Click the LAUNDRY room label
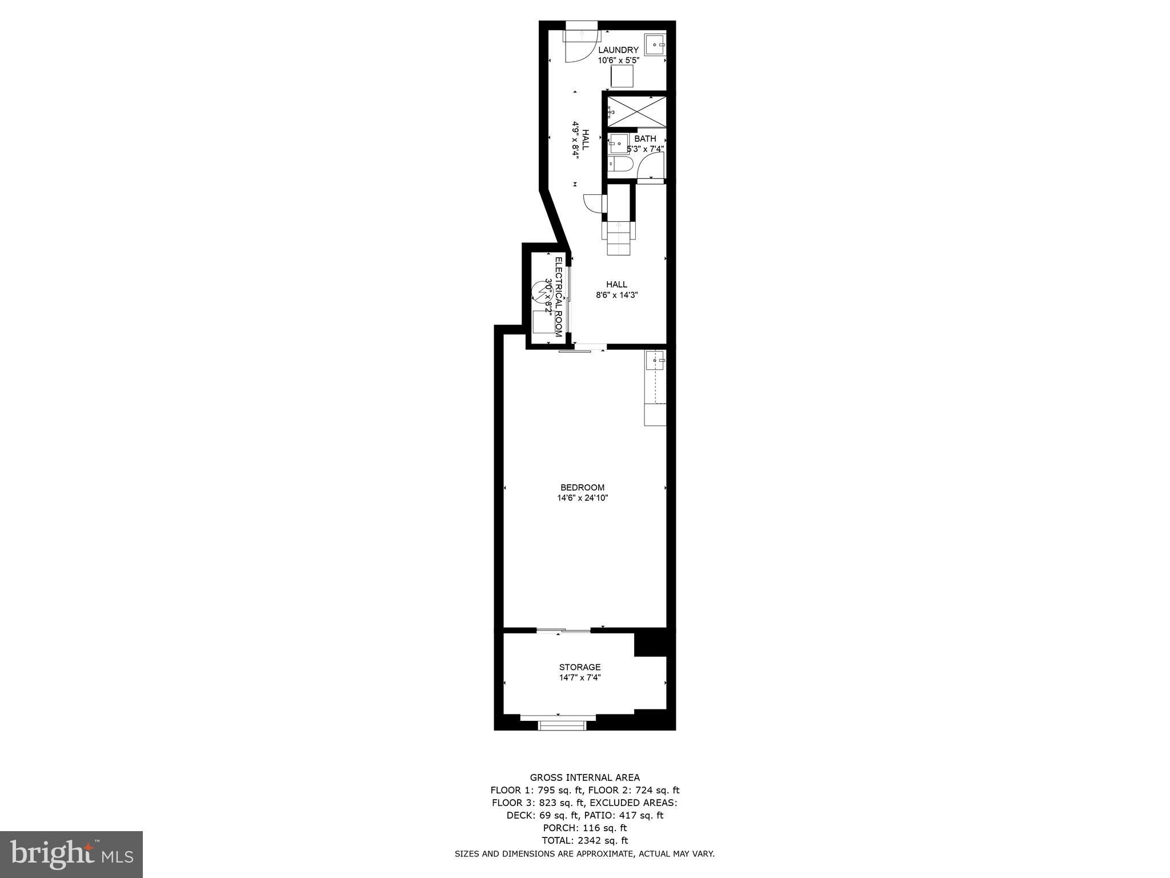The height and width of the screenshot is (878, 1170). click(x=618, y=50)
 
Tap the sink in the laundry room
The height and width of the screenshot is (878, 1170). click(x=655, y=44)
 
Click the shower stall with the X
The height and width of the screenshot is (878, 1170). click(x=637, y=111)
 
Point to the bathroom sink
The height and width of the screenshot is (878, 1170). click(x=619, y=143)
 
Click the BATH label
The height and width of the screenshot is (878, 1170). click(x=645, y=139)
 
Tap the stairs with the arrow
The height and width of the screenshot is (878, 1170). click(x=619, y=237)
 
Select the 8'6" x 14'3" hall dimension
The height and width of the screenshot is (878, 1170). click(x=616, y=296)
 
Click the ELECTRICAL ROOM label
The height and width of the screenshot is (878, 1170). click(x=559, y=297)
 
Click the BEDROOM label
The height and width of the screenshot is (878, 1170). click(x=582, y=488)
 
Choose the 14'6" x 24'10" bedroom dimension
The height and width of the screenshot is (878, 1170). click(x=582, y=498)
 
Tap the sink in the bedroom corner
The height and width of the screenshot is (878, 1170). click(x=655, y=361)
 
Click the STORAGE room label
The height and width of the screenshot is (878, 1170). click(x=580, y=667)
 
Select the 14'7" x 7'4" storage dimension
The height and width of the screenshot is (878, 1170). click(x=580, y=678)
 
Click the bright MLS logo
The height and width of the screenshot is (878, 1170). click(x=71, y=854)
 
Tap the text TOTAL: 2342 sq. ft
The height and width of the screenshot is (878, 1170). click(x=584, y=840)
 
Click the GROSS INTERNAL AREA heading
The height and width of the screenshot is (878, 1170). click(x=584, y=777)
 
